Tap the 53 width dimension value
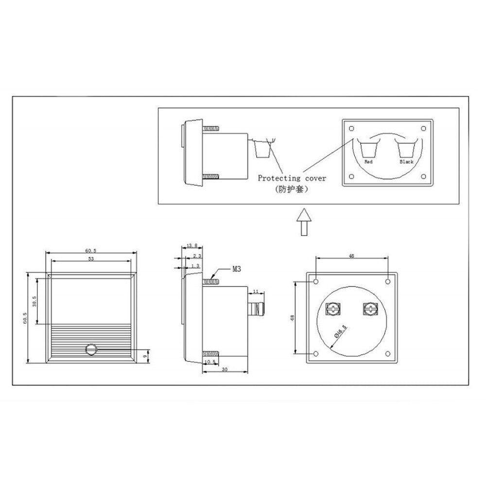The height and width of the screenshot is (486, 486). point(91,259)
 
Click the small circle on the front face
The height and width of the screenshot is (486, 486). point(91,349)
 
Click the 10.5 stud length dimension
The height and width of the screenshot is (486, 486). point(210,363)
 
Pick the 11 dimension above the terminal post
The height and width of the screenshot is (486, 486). point(257,291)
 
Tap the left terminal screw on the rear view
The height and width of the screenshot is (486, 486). point(333,309)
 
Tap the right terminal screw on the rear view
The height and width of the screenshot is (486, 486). point(370,309)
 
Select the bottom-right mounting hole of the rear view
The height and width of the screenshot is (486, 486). point(387,353)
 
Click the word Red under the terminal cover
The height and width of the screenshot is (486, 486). point(368,161)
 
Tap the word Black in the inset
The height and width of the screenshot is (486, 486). point(406,161)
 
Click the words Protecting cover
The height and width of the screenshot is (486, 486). point(292,178)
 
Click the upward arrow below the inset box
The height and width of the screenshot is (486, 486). point(303,221)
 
